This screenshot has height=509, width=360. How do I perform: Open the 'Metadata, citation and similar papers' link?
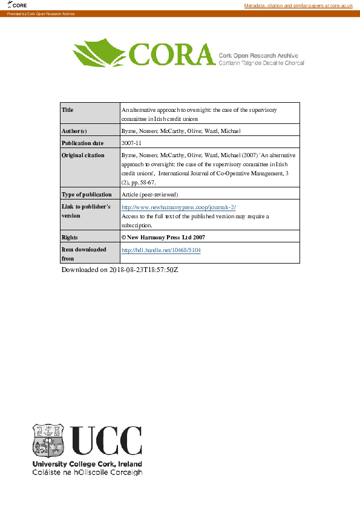298,5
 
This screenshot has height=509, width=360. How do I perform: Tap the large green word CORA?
170,56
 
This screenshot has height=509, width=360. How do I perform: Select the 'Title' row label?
68,110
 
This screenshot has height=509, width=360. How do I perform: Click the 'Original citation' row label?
83,155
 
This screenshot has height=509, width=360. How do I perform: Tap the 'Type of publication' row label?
87,195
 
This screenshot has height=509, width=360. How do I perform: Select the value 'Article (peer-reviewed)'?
150,195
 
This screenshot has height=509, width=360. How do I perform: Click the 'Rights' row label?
70,238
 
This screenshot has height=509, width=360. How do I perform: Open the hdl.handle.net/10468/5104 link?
161,250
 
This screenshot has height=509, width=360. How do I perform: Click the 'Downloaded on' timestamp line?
120,269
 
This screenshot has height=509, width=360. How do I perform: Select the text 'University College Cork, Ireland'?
87,464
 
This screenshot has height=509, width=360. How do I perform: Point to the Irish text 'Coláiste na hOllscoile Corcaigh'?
87,472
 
